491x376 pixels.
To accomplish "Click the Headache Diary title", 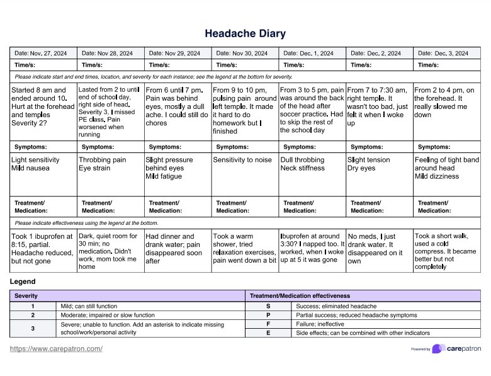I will [x=245, y=33].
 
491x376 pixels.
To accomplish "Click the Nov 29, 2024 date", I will [x=183, y=54].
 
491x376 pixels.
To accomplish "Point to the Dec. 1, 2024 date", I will [x=317, y=54].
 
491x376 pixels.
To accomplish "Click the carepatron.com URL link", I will [x=56, y=348].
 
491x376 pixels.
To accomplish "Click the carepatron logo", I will [x=464, y=348].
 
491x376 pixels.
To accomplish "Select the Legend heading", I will [x=23, y=281].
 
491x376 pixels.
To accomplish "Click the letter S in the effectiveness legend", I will [x=268, y=305].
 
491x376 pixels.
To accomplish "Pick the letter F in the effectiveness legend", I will [x=268, y=324].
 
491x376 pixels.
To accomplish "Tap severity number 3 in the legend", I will [x=33, y=328].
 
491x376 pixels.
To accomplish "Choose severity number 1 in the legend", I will [x=33, y=305].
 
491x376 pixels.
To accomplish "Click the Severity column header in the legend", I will [x=26, y=295].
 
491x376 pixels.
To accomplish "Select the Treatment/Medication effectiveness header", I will [x=300, y=295].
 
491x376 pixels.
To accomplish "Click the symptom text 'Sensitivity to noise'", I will [x=242, y=160].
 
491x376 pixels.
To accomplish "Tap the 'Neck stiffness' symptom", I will [x=303, y=168].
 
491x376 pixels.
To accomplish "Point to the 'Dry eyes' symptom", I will [x=363, y=168].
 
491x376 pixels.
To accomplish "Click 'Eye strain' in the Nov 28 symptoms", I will [x=95, y=168].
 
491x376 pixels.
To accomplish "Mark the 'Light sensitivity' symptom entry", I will [x=35, y=160].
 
